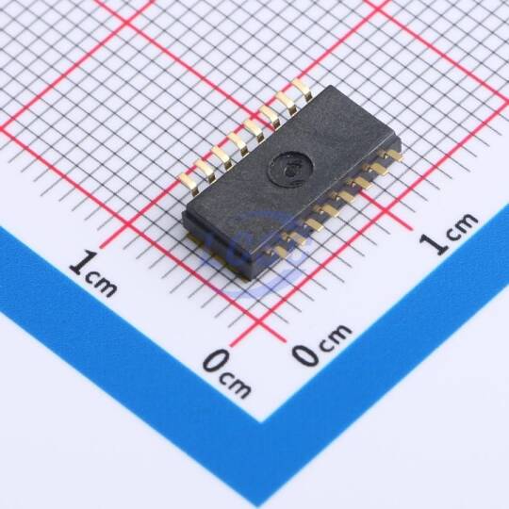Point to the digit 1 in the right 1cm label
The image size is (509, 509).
pyautogui.click(x=433, y=243)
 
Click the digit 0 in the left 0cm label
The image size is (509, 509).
pyautogui.click(x=218, y=360)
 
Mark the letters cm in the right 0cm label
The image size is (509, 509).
pyautogui.click(x=336, y=336)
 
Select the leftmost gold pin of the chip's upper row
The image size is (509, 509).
pyautogui.click(x=189, y=184)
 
